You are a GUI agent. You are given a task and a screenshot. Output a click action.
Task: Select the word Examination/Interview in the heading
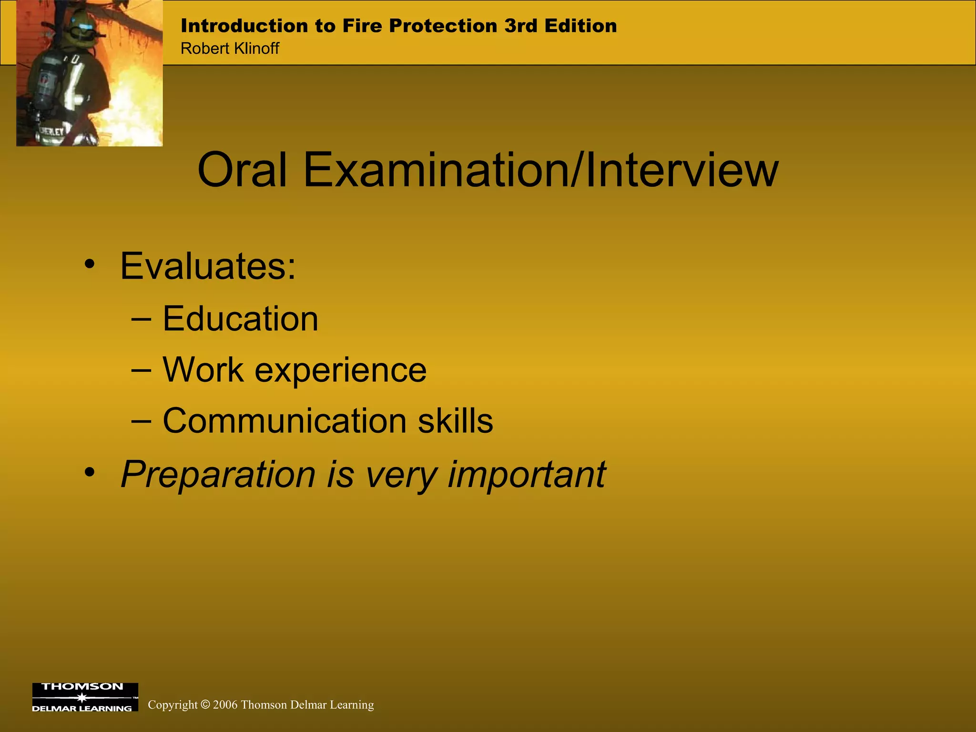tap(540, 170)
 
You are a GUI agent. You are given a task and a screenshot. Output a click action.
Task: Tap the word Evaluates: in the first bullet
tap(208, 266)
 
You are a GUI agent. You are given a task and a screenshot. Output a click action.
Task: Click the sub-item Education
tap(240, 318)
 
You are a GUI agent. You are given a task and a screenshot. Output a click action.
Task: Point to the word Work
tap(203, 370)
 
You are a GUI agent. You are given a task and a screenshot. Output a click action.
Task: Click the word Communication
tap(285, 421)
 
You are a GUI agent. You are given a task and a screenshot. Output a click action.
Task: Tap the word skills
tap(455, 421)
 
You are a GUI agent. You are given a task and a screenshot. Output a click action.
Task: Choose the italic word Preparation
tap(218, 475)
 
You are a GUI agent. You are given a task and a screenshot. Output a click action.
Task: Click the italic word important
tap(527, 475)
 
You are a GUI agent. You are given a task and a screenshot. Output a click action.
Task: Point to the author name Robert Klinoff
tap(230, 49)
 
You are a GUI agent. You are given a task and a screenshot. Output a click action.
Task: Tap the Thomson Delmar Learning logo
tap(85, 697)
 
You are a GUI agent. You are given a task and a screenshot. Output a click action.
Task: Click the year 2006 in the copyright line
tap(225, 705)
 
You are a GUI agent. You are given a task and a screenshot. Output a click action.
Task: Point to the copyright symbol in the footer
tap(205, 704)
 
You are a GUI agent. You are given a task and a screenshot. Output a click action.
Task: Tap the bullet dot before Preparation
tap(90, 473)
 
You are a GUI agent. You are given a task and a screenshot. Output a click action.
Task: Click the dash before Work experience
tap(141, 370)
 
